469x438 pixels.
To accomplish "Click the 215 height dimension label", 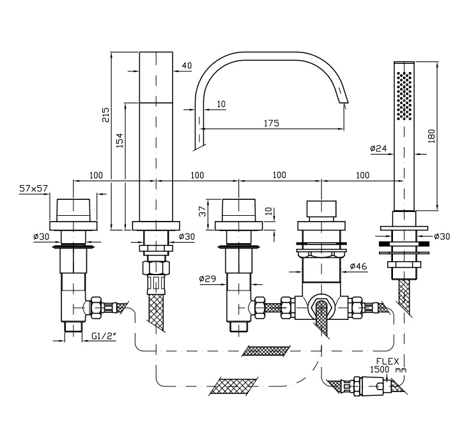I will [x=106, y=114].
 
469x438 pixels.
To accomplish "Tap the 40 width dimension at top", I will [x=187, y=65].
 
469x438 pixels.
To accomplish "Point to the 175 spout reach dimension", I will [x=271, y=123].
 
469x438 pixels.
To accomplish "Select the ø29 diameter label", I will [x=207, y=278].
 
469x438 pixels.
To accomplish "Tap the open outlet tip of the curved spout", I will [x=344, y=101].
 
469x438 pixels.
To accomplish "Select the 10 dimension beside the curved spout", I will [x=221, y=103].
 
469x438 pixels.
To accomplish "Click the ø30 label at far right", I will [x=442, y=236].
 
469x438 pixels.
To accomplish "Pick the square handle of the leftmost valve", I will [x=75, y=210].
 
